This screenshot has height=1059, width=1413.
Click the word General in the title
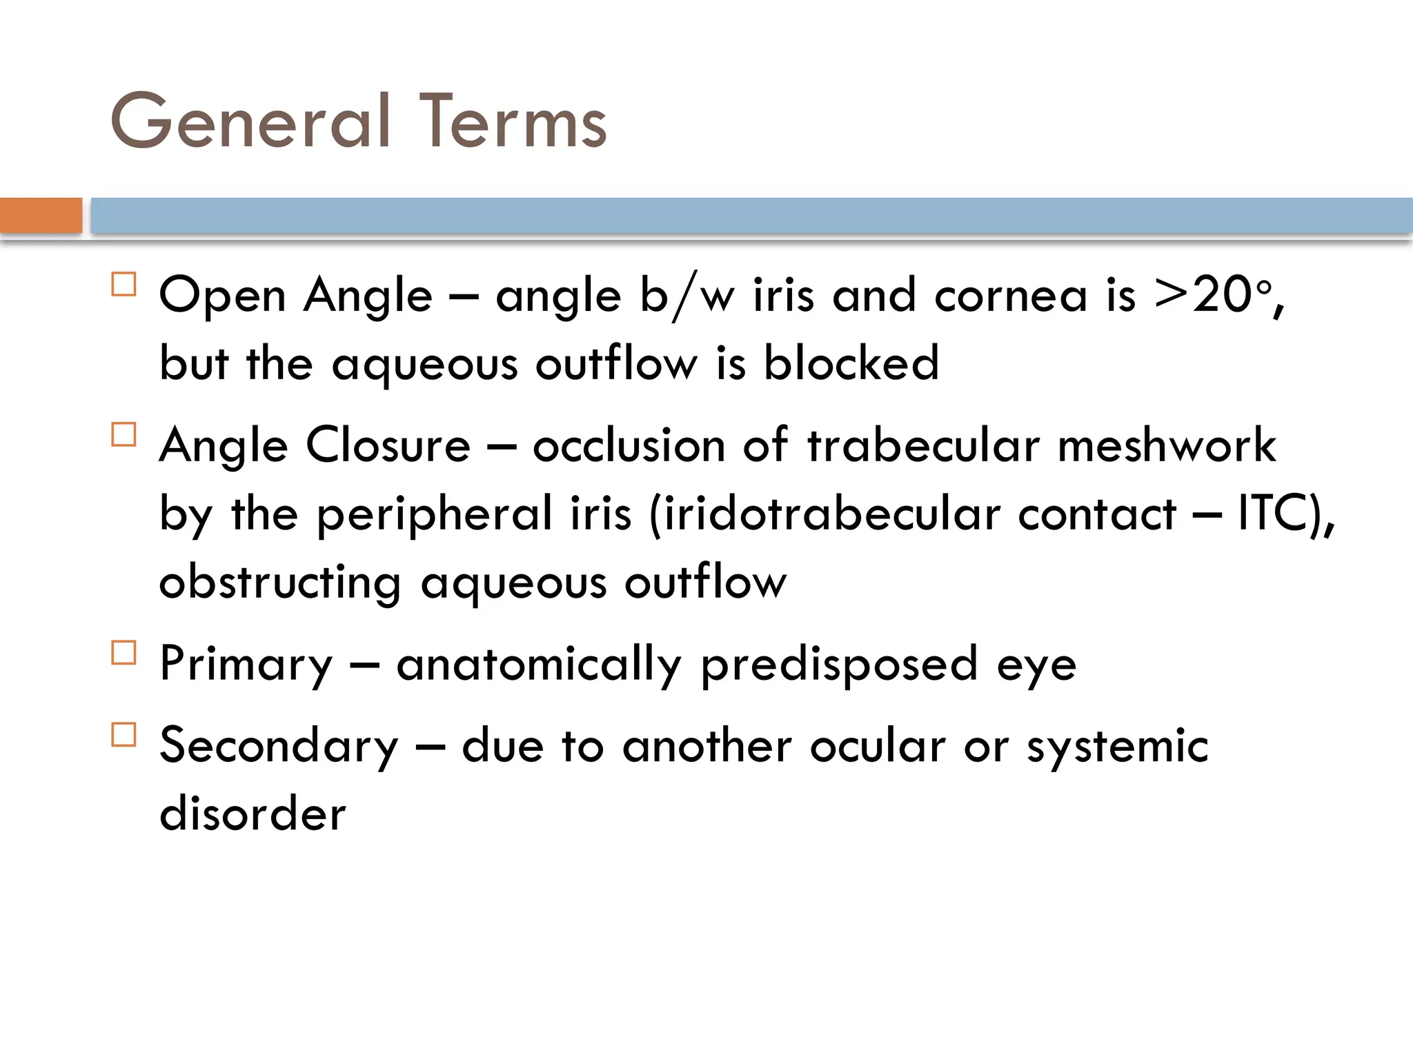click(x=250, y=122)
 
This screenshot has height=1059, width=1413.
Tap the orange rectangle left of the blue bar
click(x=41, y=215)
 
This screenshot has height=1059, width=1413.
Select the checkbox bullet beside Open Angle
click(x=123, y=284)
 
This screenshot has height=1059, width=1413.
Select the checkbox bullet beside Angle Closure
click(x=123, y=434)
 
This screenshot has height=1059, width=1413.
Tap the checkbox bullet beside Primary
click(x=123, y=652)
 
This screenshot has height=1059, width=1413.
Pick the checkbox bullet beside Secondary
click(x=123, y=734)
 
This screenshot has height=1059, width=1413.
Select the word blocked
click(x=851, y=363)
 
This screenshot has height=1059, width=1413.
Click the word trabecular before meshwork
click(x=923, y=445)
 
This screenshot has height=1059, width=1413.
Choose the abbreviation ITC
click(x=1272, y=513)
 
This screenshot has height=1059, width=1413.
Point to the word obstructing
click(x=279, y=582)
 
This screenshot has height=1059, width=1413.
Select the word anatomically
click(x=539, y=664)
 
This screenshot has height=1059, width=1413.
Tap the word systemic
click(x=1117, y=746)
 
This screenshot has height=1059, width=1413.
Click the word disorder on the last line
click(x=253, y=814)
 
